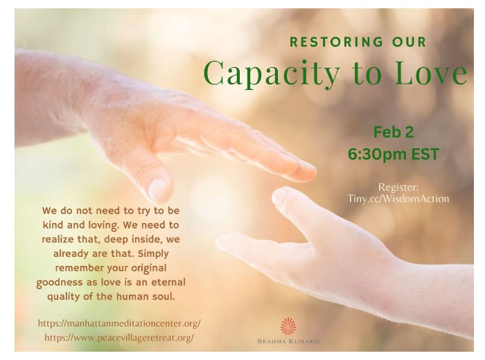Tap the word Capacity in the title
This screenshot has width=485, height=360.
pos(272,74)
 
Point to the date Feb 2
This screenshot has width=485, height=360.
pos(393,132)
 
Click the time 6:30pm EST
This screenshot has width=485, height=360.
pos(393,154)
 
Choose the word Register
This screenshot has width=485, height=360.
pos(398,187)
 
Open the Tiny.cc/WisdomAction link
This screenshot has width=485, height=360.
pos(398,199)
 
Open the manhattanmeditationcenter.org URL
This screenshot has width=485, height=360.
pos(119,323)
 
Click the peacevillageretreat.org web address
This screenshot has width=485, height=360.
pos(119,338)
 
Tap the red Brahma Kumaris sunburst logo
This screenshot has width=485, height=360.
pos(288,326)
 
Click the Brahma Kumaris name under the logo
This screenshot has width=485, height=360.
pos(288,341)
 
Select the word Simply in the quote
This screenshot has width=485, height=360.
pos(153,254)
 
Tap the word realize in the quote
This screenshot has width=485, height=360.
pos(58,240)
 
